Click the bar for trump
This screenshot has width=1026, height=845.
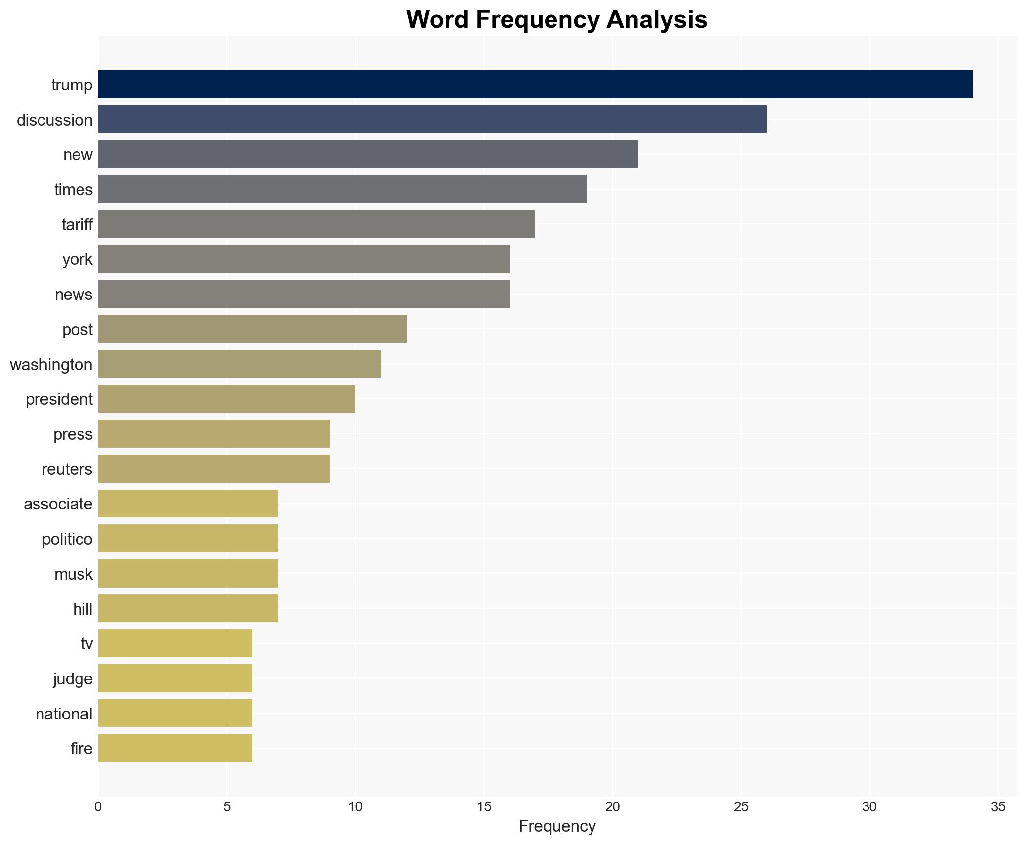click(535, 84)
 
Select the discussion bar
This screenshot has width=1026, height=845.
click(433, 120)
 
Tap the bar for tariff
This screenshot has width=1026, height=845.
click(316, 224)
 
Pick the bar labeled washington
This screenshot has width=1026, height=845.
click(239, 364)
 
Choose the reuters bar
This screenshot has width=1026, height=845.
click(214, 469)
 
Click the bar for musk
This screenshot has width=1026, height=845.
click(188, 574)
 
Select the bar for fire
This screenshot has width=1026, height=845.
click(175, 748)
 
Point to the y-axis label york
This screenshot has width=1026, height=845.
click(78, 259)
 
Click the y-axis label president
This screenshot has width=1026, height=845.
click(59, 399)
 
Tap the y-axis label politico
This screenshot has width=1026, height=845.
click(67, 539)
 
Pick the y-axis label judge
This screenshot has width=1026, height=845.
click(73, 679)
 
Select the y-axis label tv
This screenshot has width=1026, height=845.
click(87, 644)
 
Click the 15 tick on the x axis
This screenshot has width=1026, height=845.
click(484, 807)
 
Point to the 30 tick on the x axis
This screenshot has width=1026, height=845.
click(869, 807)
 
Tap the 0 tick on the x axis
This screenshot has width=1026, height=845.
click(98, 807)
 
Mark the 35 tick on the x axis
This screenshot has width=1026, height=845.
click(998, 807)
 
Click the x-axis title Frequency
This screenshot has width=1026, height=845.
click(557, 826)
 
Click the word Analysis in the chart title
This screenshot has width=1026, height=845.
click(657, 20)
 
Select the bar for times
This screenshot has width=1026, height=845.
click(343, 189)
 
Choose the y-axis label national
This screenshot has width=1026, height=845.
click(64, 714)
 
